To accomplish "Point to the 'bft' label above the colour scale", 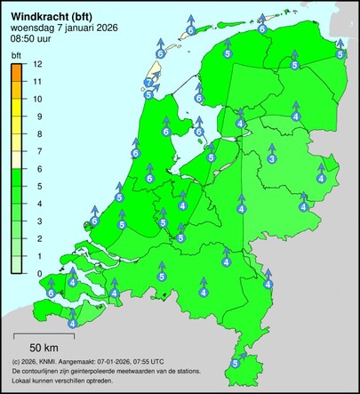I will point(16,55).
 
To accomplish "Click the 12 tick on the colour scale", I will point(38,64).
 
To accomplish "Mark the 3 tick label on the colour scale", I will point(37,221).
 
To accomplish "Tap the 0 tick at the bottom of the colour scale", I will point(37,273).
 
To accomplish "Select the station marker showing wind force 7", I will point(148,83).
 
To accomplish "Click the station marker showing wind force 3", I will point(271,159).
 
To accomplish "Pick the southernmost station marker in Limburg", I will point(235,363).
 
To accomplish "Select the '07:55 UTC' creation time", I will point(147,362).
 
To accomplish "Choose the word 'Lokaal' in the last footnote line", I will point(23,380).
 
